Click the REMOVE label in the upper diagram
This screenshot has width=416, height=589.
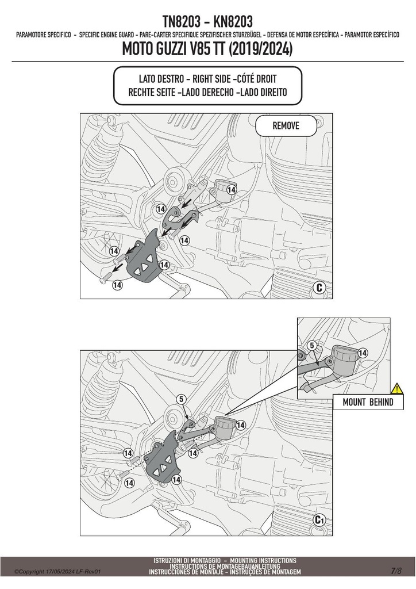click(286, 125)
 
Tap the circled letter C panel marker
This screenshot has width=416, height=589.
click(319, 288)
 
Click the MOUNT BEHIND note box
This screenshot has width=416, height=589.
click(368, 402)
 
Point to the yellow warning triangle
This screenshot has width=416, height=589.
click(397, 388)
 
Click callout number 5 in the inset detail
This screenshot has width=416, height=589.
click(311, 346)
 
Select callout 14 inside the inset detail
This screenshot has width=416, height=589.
click(363, 353)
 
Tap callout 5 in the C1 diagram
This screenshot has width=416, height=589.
click(182, 400)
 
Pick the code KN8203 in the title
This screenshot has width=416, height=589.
click(233, 22)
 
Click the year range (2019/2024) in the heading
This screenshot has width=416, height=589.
click(260, 49)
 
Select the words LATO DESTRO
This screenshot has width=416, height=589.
click(161, 79)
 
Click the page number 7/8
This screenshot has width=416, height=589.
click(396, 571)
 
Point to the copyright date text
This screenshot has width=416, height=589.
click(58, 572)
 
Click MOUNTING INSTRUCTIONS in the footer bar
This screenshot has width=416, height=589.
click(263, 560)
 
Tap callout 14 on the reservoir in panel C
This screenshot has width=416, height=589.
click(232, 190)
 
